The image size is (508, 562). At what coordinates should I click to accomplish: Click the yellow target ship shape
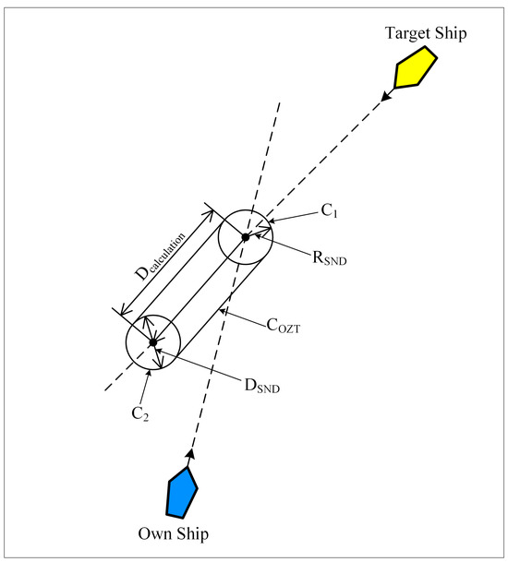tap(415, 67)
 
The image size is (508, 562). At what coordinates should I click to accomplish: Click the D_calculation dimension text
tap(163, 256)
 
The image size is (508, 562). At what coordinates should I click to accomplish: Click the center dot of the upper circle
tap(246, 237)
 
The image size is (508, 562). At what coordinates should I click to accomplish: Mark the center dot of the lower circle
tap(152, 342)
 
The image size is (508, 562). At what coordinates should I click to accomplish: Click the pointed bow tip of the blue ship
tap(188, 469)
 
